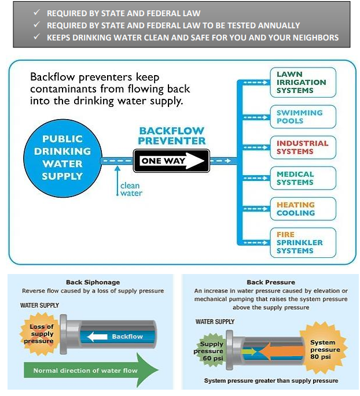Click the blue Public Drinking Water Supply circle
coord(63,158)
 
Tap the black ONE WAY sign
coord(171,161)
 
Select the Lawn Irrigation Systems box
coord(303,82)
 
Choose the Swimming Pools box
coord(303,117)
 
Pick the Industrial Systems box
coord(303,147)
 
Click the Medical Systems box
coord(303,178)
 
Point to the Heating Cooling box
coord(303,209)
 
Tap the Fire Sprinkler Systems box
coord(303,243)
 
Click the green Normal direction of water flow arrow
coord(91,370)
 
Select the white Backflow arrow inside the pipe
coord(97,336)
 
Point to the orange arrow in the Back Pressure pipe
coord(281,351)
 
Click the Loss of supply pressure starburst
coord(40,334)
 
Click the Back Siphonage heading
coord(93,282)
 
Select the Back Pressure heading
coord(271,282)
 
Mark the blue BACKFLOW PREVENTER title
coord(172,136)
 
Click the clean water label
coord(131,190)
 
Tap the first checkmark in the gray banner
coord(37,12)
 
